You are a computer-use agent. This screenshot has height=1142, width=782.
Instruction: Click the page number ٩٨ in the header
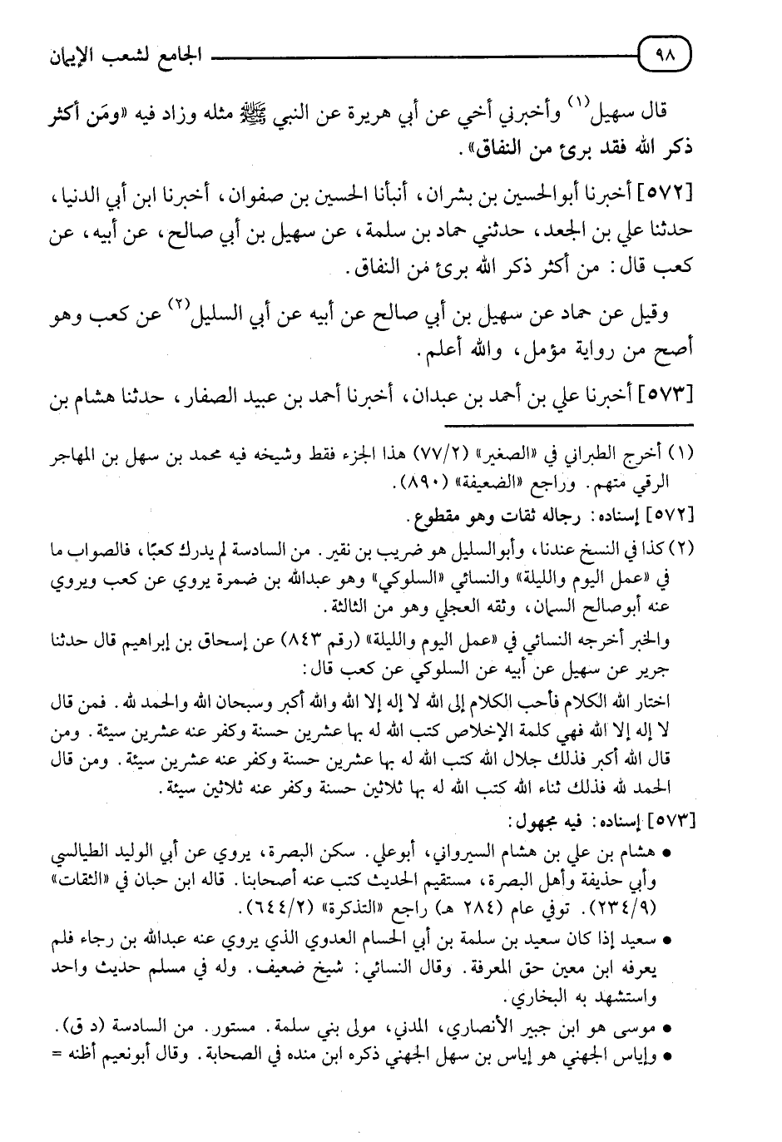667,59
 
